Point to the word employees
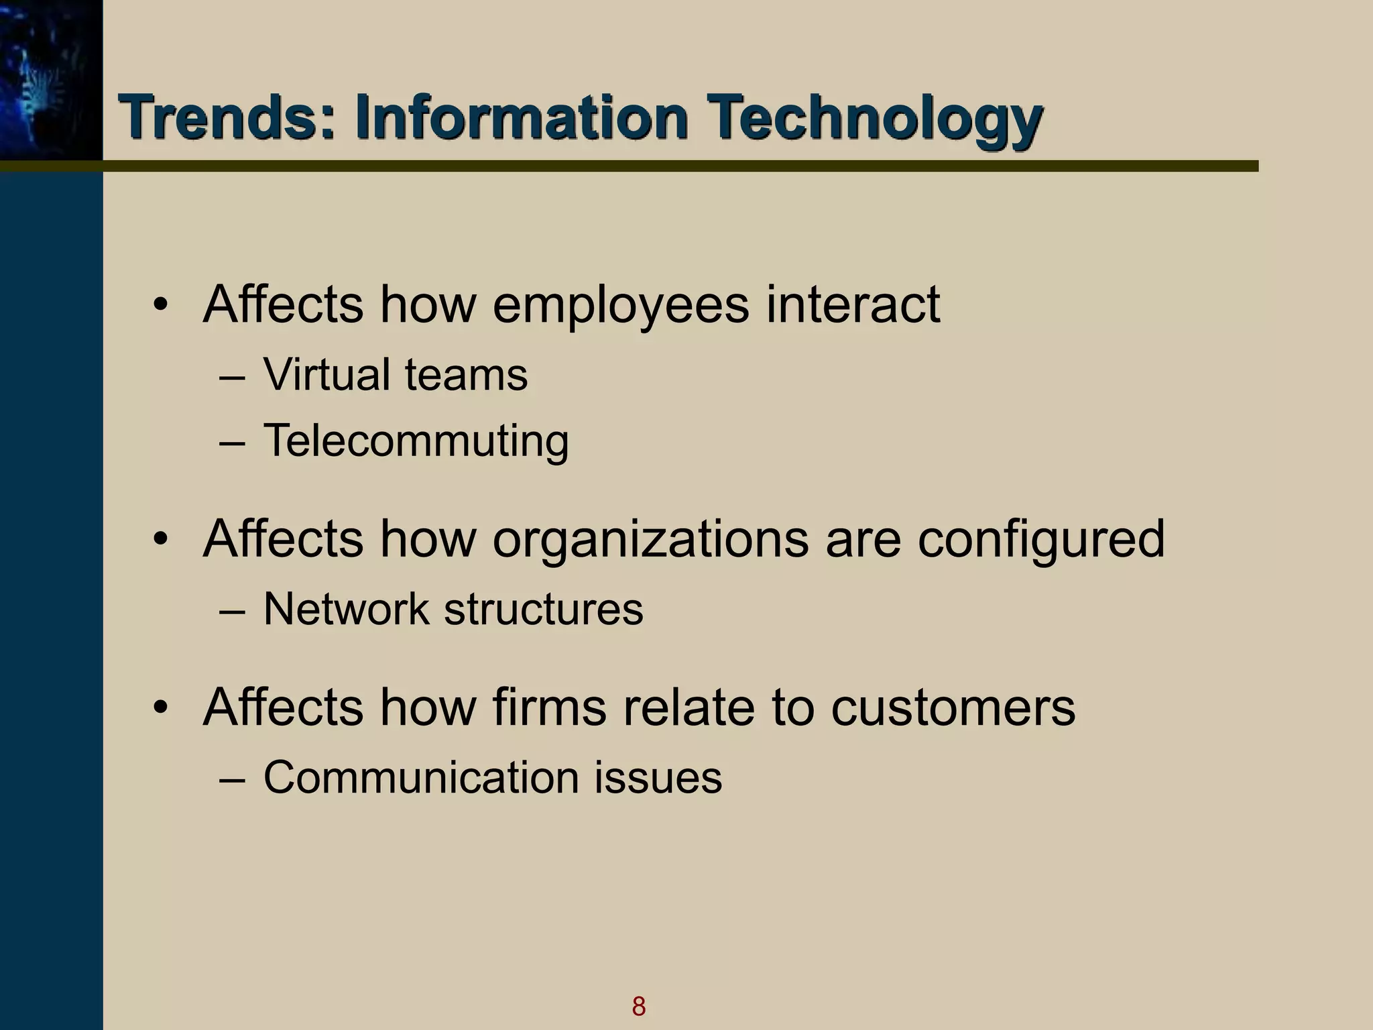tap(620, 306)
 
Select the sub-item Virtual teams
tap(396, 374)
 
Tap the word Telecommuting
tap(416, 441)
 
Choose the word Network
tap(346, 609)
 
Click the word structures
tap(543, 609)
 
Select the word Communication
tap(421, 778)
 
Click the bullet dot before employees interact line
tap(160, 306)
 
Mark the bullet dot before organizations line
tap(160, 539)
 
